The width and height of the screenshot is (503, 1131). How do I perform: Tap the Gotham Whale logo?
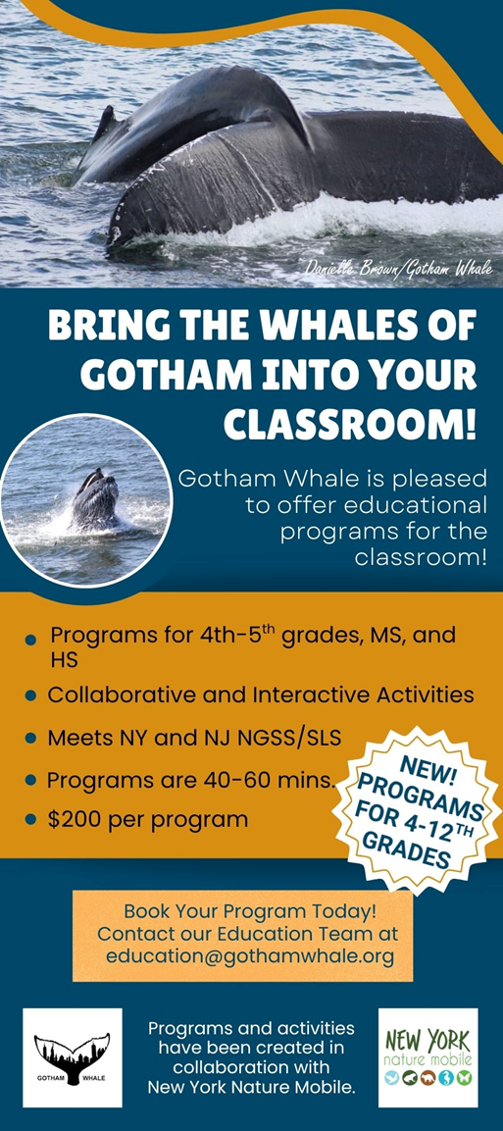tap(73, 1057)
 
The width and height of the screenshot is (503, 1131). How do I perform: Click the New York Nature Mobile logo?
tap(428, 1057)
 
